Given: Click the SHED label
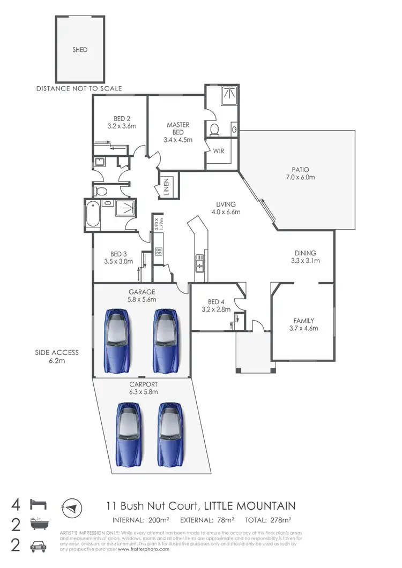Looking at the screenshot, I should click(80, 50).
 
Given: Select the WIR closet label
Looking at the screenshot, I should click(218, 150).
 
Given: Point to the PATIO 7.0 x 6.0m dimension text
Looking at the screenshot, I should click(301, 177).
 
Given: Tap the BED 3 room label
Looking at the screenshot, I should click(118, 254).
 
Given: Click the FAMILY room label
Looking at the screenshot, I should click(303, 321).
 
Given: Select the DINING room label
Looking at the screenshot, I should click(305, 253).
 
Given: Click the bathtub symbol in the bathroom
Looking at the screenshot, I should click(93, 216).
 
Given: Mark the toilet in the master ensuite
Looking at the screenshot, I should click(215, 129).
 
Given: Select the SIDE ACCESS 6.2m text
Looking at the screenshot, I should click(57, 357).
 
